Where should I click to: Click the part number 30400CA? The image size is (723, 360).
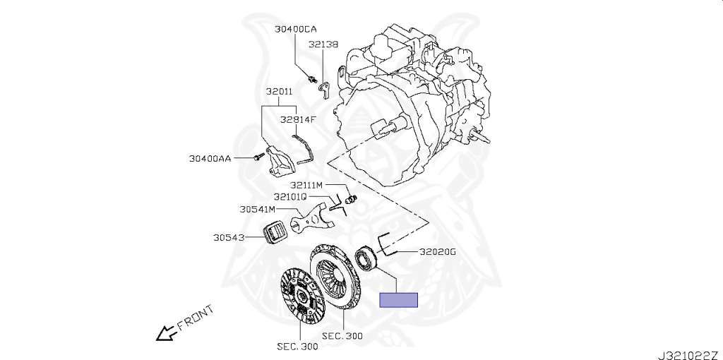tap(296, 29)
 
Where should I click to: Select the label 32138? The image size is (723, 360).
tap(323, 44)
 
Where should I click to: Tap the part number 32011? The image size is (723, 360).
tap(280, 92)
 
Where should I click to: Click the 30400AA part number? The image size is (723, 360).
tap(210, 159)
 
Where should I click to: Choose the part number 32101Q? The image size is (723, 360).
tap(291, 196)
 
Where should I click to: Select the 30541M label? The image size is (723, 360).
tap(257, 210)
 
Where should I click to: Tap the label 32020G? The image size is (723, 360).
tap(438, 251)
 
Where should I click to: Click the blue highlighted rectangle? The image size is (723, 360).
tap(399, 300)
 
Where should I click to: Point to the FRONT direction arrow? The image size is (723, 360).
tap(167, 332)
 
